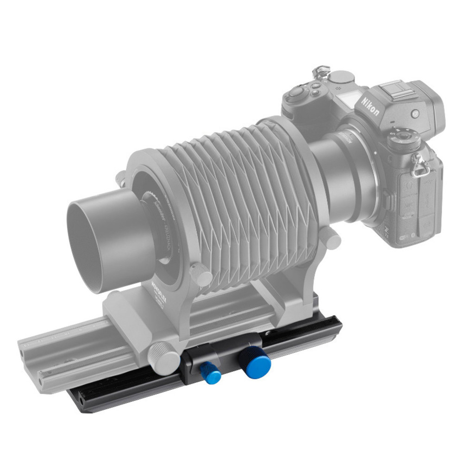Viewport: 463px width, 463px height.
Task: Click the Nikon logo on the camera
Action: pyautogui.click(x=371, y=106)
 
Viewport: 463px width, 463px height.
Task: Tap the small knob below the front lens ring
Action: pyautogui.click(x=201, y=275)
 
